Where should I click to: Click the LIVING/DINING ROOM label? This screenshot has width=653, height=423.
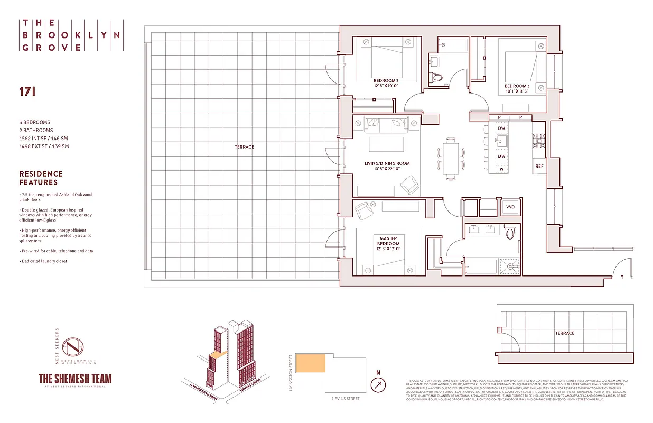387,167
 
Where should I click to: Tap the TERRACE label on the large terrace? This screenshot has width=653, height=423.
244,146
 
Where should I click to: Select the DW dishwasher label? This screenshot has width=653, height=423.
501,128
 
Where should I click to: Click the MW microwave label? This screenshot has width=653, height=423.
501,157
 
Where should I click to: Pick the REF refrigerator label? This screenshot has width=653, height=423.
539,166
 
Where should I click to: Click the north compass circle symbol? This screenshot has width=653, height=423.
378,386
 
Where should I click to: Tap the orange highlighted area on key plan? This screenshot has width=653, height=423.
311,365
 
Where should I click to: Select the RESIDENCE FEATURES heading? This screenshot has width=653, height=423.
41,178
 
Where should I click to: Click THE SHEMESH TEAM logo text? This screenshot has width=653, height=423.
75,379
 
